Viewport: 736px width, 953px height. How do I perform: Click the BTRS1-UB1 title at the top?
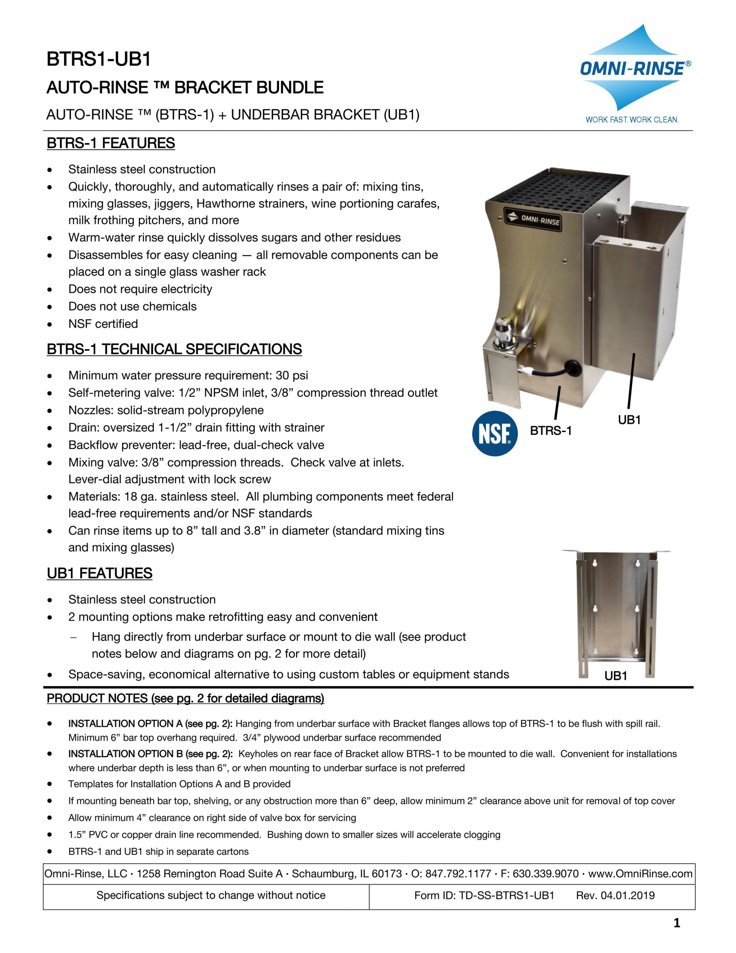pos(99,59)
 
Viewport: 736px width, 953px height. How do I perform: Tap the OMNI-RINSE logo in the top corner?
pos(635,69)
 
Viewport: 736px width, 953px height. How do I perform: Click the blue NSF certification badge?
pos(495,434)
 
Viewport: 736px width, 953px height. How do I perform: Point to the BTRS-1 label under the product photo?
pos(551,431)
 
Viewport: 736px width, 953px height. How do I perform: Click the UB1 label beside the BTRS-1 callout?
pos(629,420)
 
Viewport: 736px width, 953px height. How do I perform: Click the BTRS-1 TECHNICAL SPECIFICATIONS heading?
pos(174,350)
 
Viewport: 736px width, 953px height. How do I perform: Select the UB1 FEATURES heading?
pos(99,573)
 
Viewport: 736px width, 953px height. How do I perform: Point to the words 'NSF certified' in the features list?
pos(103,324)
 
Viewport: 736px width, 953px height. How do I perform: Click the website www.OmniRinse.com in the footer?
pos(640,874)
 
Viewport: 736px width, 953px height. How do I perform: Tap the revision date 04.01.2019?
pos(627,895)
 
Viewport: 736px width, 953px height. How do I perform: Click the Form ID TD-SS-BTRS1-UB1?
pos(484,895)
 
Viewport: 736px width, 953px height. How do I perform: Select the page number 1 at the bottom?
pos(677,923)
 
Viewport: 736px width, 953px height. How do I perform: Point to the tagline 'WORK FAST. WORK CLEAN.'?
pos(632,119)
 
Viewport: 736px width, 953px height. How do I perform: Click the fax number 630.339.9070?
pos(545,874)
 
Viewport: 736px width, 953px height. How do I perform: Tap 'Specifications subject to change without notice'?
pos(211,895)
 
